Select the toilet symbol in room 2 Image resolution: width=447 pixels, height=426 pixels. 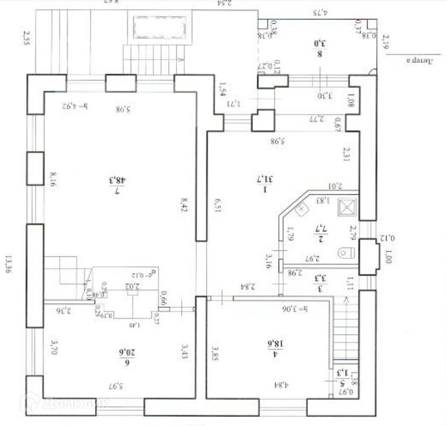tap(344, 251)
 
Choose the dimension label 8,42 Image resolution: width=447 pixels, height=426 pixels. tap(184, 207)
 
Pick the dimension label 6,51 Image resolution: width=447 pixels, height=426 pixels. tap(218, 207)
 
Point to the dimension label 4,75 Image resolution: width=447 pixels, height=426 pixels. tap(320, 12)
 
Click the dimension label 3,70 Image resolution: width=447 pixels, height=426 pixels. tap(53, 348)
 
